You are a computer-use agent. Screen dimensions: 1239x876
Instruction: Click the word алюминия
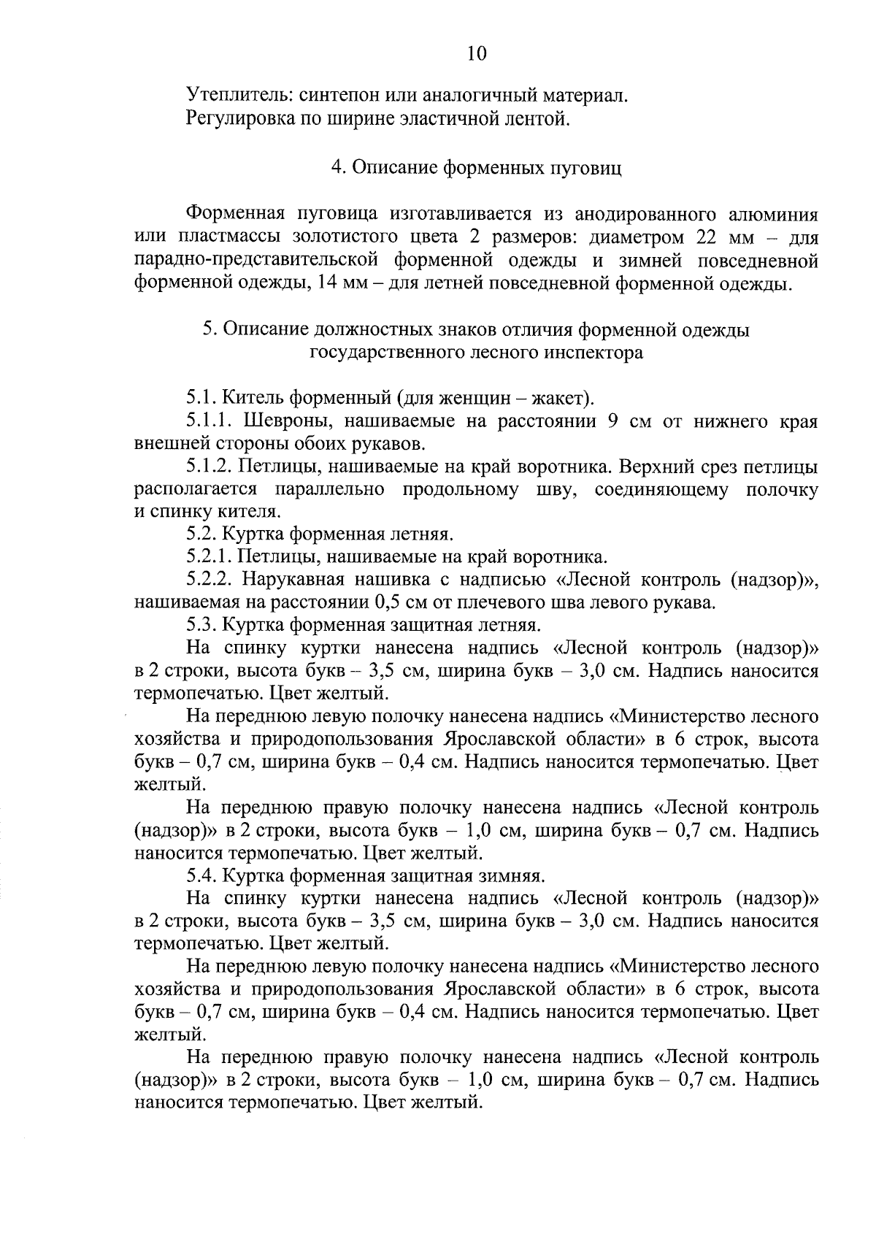(773, 215)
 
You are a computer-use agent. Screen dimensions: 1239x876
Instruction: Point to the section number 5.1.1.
(210, 421)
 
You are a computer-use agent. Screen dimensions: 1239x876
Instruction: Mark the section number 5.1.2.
(210, 467)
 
